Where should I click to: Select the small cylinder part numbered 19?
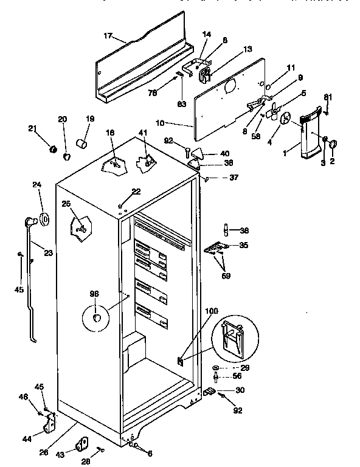tap(80, 144)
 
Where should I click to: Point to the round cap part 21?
tap(52, 148)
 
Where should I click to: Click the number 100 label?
tap(211, 311)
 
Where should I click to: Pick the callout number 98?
tap(95, 294)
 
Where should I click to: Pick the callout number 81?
tap(328, 97)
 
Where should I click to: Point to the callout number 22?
tap(136, 192)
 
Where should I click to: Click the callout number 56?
tap(238, 376)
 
